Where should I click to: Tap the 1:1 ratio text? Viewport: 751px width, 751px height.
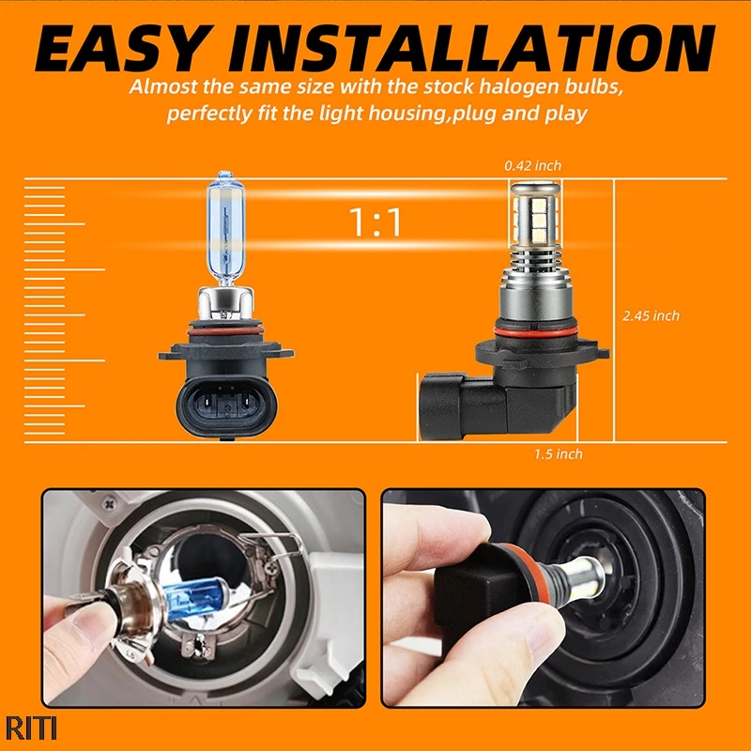click(375, 222)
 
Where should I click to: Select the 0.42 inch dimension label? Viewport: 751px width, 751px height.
click(532, 165)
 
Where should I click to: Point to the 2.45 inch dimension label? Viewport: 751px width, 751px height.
click(651, 315)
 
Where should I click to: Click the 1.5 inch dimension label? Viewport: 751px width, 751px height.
click(559, 454)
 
